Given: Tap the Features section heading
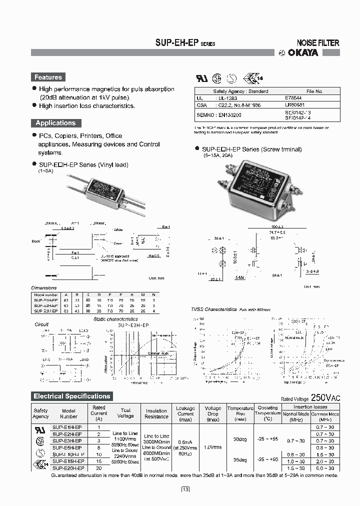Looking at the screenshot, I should point(48,77).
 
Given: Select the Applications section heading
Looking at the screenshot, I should point(55,123).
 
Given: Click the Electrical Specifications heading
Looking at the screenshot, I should point(71,396).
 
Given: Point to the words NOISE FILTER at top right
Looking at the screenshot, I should point(318,43).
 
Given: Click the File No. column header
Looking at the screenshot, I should point(314,91).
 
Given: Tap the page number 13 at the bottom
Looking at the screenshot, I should point(185,489).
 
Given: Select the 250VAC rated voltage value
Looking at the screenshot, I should point(325,398).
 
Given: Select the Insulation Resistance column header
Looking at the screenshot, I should point(156,413).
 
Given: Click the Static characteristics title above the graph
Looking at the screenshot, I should point(115,319).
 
